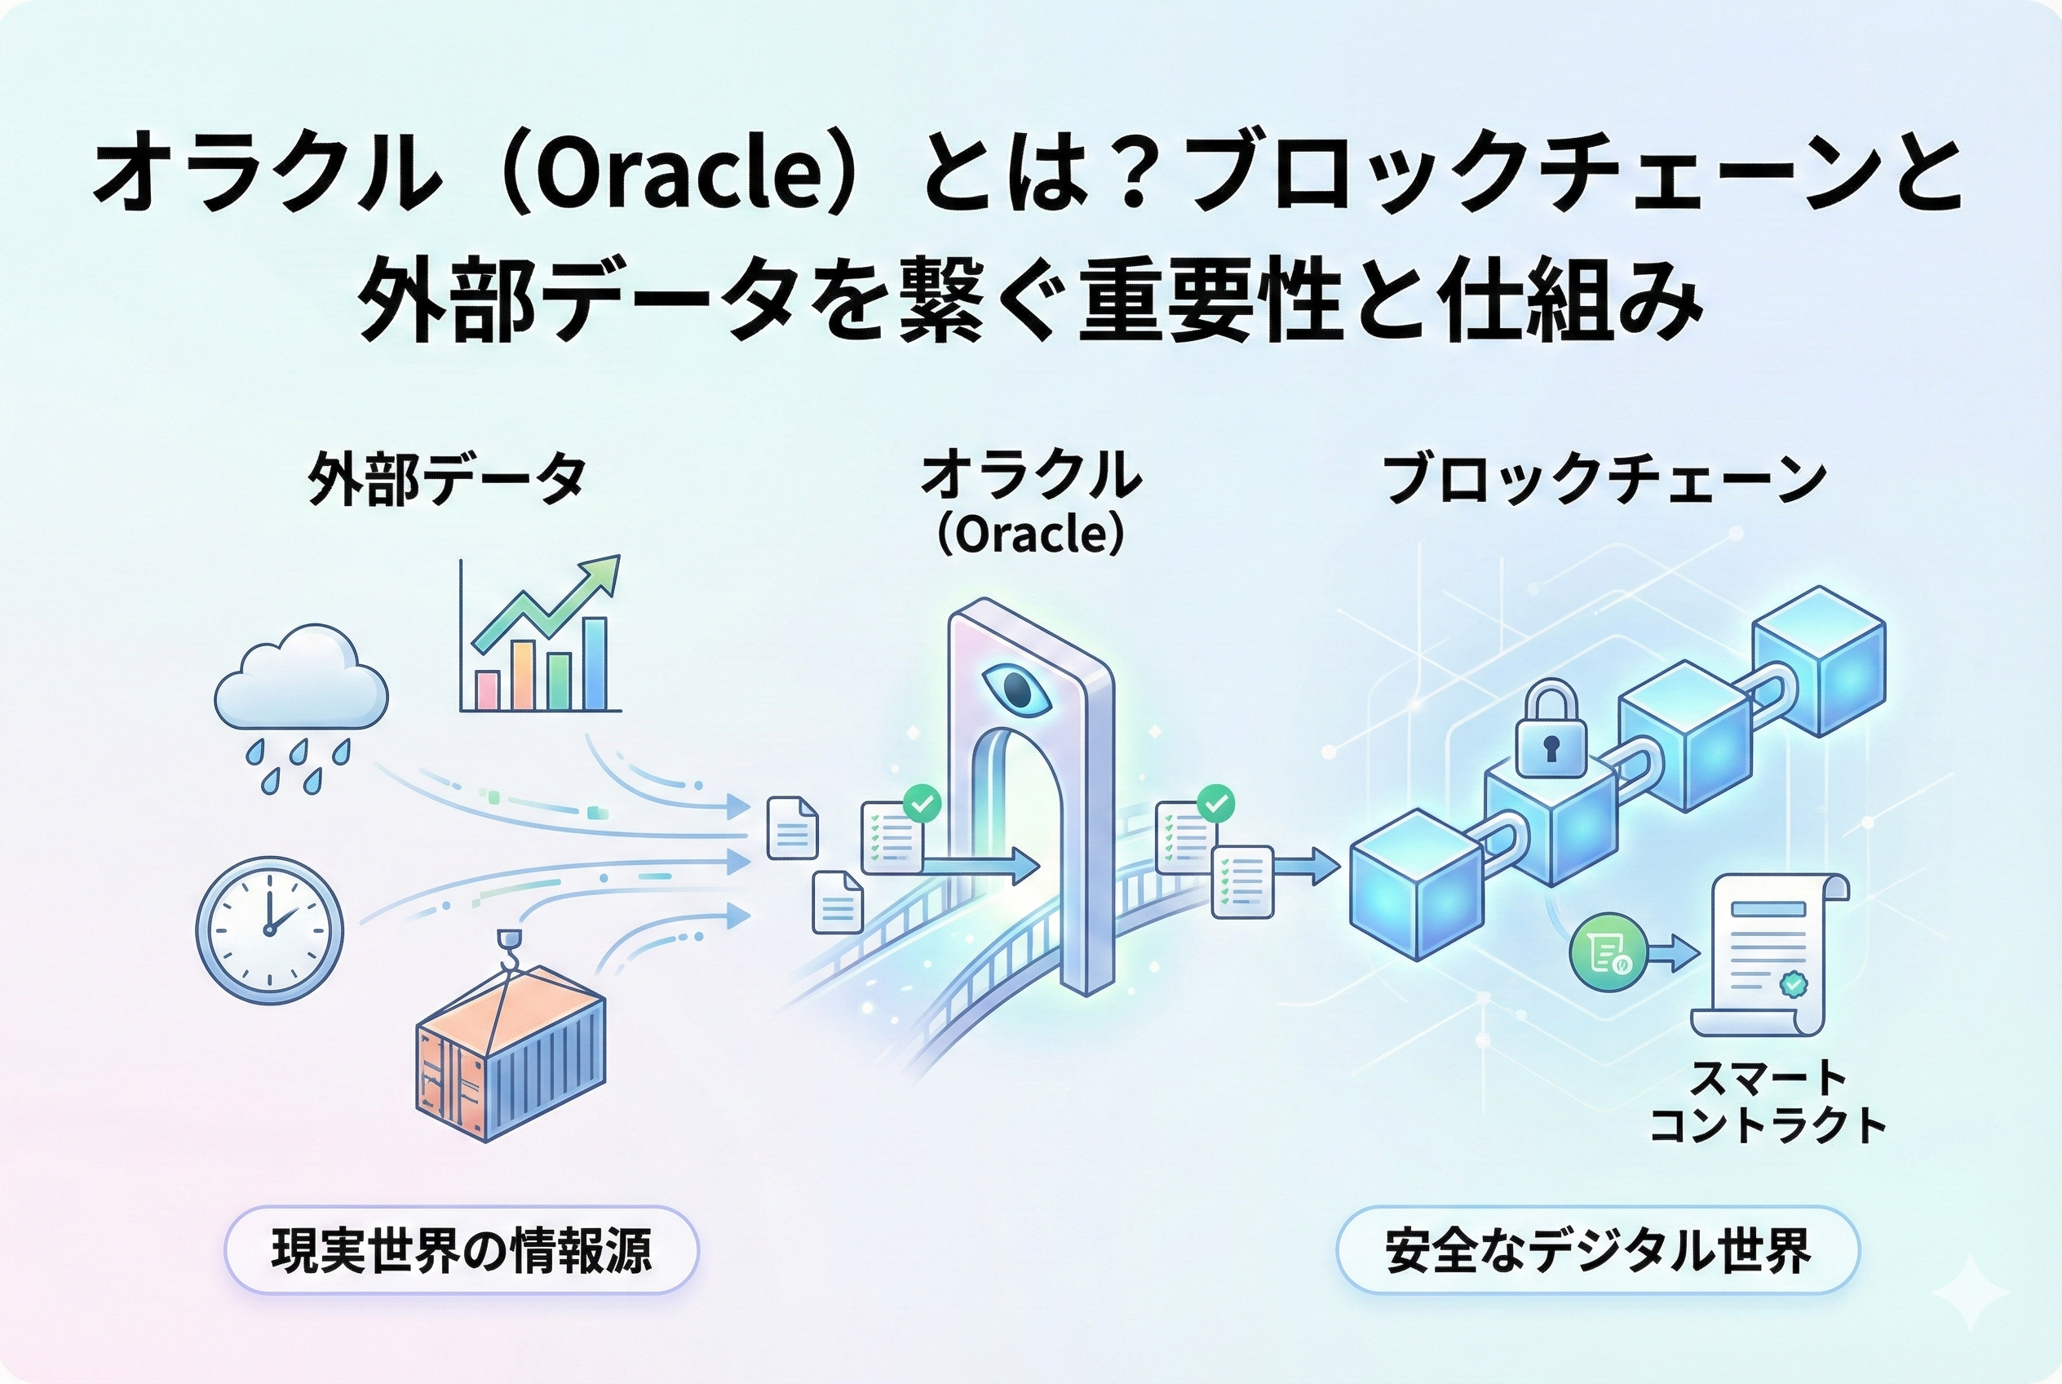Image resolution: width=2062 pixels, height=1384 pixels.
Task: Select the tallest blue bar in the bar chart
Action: coord(595,663)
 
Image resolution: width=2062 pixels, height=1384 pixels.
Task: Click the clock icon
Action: coord(270,929)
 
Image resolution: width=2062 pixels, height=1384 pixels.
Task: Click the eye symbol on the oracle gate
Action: coord(1016,690)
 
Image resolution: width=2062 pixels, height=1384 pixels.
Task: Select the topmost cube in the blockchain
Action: coord(1817,662)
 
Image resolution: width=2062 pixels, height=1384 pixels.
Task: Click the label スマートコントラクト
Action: coord(1768,1102)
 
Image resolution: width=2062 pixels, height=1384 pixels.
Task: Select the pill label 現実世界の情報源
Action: coord(462,1250)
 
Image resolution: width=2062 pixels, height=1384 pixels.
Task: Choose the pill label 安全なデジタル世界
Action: coord(1598,1250)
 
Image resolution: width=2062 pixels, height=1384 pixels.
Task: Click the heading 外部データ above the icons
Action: coord(447,479)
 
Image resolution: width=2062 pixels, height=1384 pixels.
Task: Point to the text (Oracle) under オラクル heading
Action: coord(1030,534)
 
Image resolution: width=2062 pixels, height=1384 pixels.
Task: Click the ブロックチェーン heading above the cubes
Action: coord(1604,479)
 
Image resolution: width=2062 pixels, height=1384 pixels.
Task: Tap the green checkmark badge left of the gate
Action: coord(923,802)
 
